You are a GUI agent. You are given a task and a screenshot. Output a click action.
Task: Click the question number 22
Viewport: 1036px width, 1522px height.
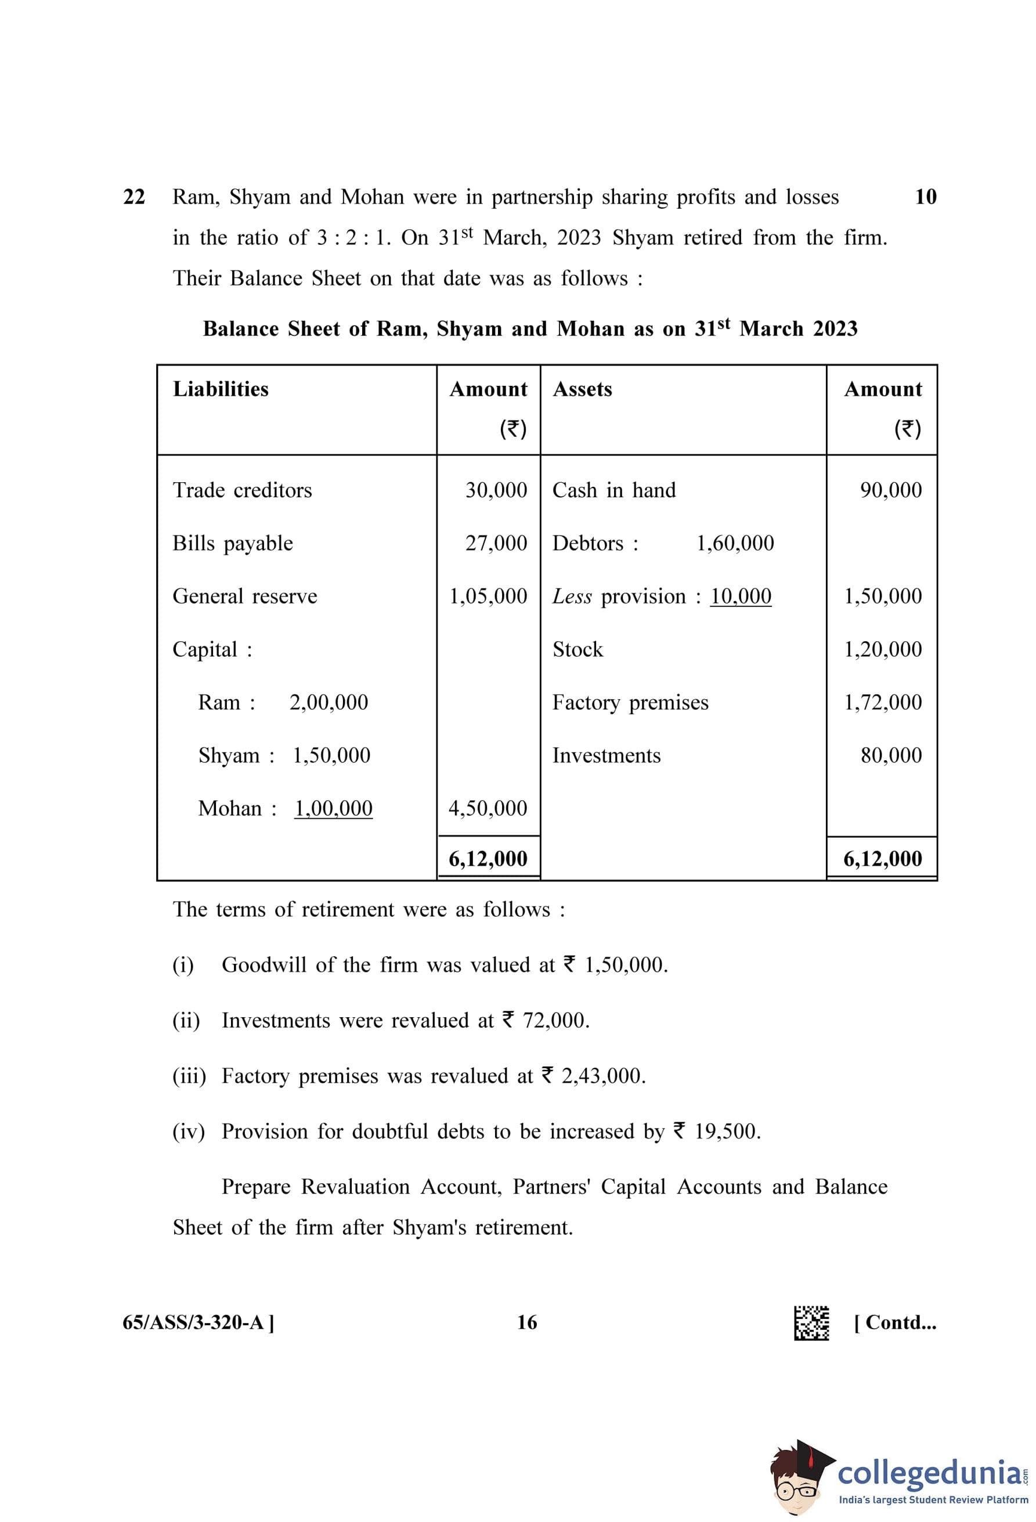point(133,197)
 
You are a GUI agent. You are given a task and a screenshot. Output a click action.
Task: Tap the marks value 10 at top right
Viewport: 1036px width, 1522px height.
point(925,197)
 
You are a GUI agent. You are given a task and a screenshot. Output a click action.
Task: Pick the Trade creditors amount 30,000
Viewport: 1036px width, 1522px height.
point(496,490)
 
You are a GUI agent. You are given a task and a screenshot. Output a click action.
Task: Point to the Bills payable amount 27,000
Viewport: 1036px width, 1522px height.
point(496,543)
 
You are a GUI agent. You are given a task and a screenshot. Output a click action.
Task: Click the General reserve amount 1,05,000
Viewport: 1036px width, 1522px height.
point(488,596)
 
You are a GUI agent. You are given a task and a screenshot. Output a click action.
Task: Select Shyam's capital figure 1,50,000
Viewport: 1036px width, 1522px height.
point(331,755)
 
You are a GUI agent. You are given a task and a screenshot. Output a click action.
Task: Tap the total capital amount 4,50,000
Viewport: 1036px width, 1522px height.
point(488,808)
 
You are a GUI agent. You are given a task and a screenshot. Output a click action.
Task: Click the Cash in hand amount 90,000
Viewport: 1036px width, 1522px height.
point(891,490)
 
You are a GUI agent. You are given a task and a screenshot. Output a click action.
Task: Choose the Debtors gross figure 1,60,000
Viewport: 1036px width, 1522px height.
point(735,543)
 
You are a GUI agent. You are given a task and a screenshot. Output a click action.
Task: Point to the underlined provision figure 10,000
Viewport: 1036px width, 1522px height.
point(741,596)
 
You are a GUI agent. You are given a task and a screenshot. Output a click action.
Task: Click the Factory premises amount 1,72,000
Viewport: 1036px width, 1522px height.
point(883,702)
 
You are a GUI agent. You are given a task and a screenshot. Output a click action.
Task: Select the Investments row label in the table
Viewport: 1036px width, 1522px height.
point(607,755)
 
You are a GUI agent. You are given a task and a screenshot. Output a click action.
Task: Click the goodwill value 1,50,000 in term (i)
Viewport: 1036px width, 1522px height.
point(626,965)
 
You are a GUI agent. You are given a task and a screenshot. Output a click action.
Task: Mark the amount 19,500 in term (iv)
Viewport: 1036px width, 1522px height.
point(727,1131)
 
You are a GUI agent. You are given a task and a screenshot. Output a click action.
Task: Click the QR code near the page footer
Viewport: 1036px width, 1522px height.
point(811,1323)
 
